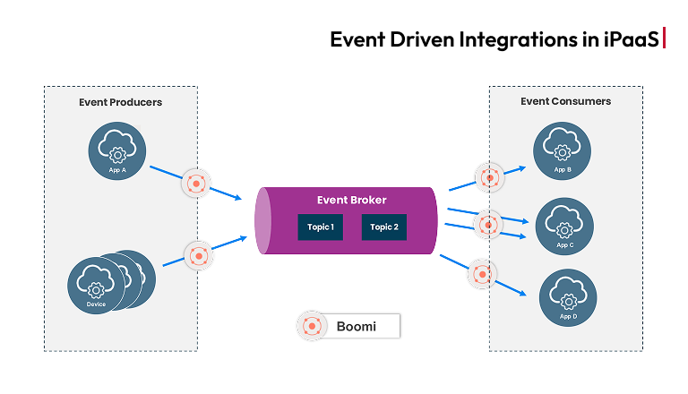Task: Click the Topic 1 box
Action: click(x=321, y=227)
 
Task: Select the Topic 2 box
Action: click(x=384, y=227)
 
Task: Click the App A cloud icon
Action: click(x=116, y=150)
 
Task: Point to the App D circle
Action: click(x=566, y=299)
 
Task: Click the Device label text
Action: click(x=96, y=304)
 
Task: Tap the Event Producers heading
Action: click(x=120, y=102)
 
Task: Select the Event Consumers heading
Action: click(x=565, y=101)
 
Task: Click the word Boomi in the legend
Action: click(x=357, y=327)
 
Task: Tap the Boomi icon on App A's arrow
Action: click(x=195, y=183)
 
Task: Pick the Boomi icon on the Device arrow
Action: click(x=197, y=255)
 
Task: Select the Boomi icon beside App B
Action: click(x=489, y=176)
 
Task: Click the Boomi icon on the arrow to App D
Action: click(x=480, y=272)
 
